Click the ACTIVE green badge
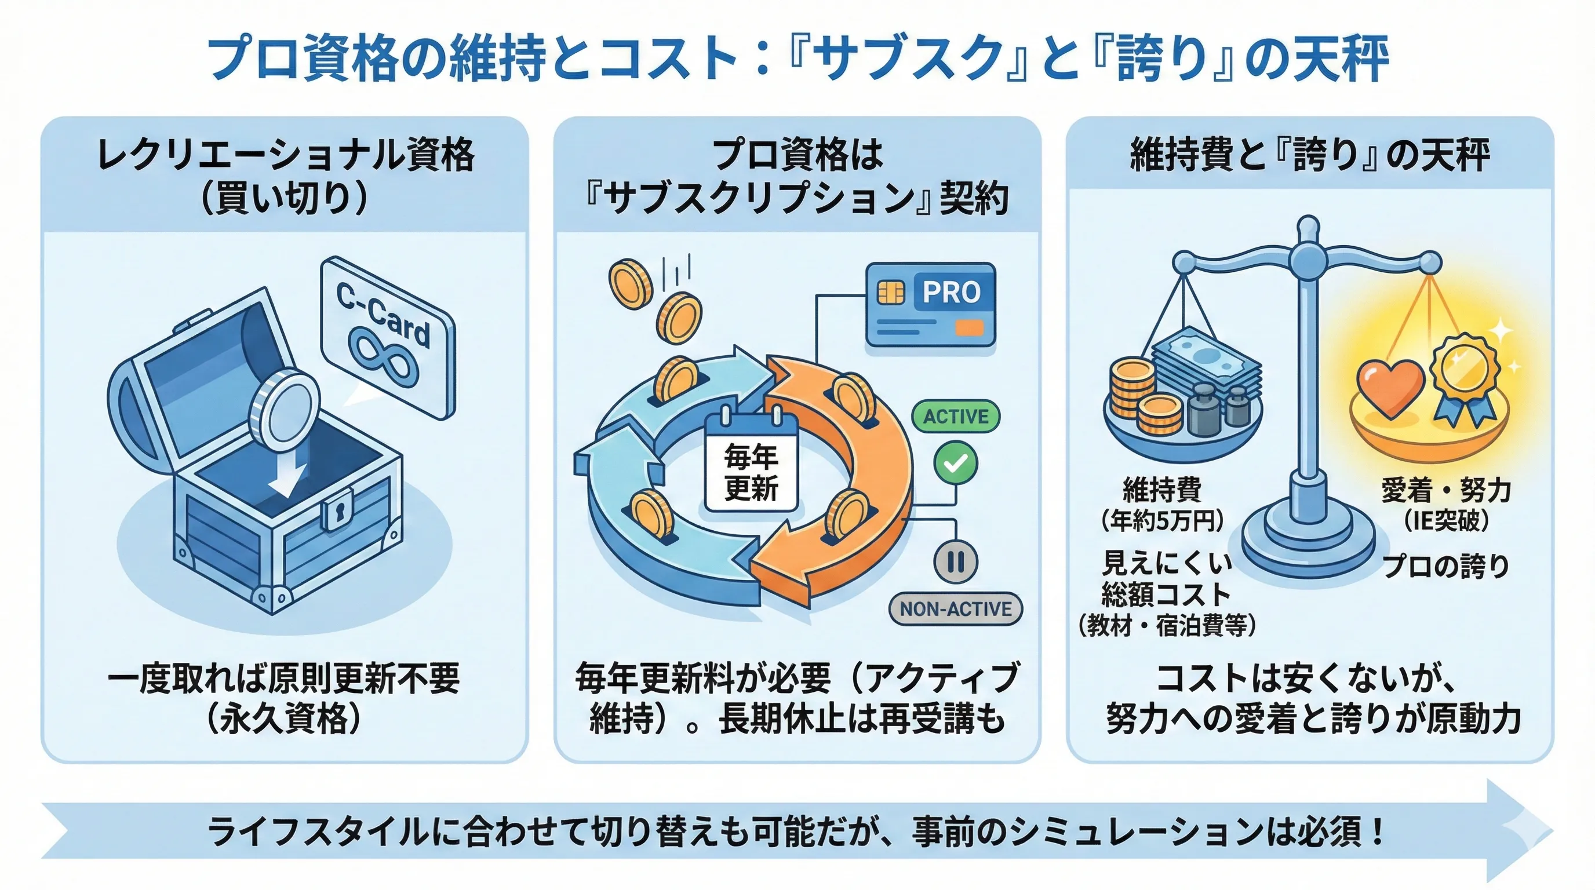pyautogui.click(x=955, y=417)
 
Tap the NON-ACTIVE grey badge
pyautogui.click(x=955, y=609)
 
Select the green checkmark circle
pyautogui.click(x=955, y=463)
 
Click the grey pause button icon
pyautogui.click(x=955, y=561)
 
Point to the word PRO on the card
pyautogui.click(x=951, y=292)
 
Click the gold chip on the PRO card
pyautogui.click(x=891, y=292)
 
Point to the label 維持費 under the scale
pyautogui.click(x=1162, y=490)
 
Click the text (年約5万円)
pyautogui.click(x=1162, y=521)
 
